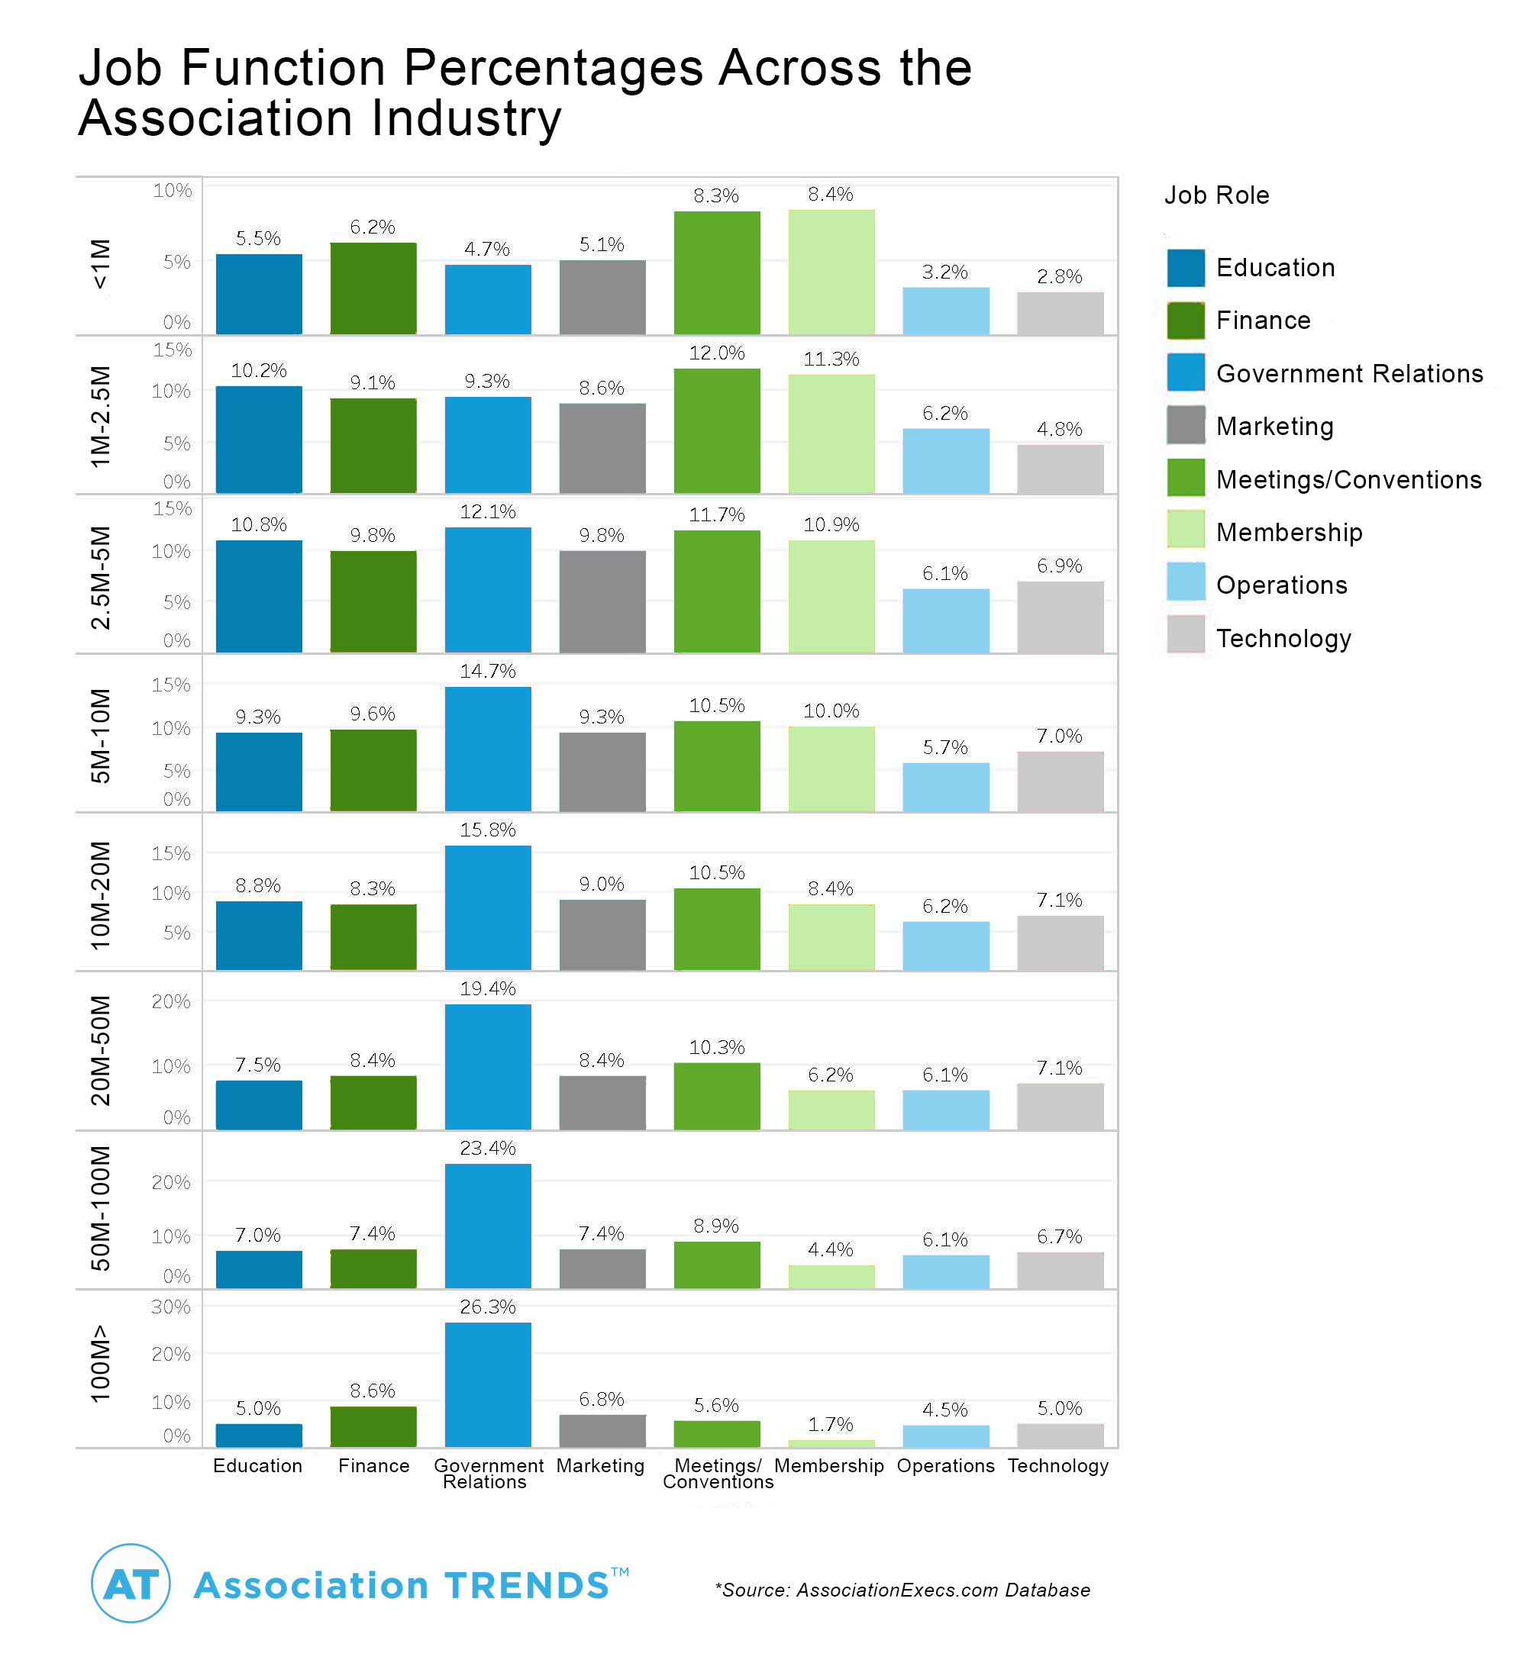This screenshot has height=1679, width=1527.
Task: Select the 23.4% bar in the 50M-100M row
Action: [x=487, y=1225]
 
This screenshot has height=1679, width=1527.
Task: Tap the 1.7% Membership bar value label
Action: [x=831, y=1424]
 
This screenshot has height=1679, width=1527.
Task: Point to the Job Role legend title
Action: [x=1216, y=195]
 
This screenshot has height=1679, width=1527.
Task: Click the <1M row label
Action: [x=100, y=264]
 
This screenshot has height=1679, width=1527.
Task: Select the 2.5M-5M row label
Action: [x=100, y=577]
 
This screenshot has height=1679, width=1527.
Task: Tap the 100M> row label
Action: [x=100, y=1363]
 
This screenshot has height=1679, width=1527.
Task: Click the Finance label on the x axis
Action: [x=373, y=1466]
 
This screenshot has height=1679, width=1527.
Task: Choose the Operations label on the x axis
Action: [x=945, y=1466]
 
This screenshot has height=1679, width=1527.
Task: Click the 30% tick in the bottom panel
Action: [x=171, y=1307]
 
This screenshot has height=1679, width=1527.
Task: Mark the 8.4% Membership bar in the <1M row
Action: [x=831, y=272]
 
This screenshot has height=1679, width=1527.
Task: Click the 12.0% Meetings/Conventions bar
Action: [x=716, y=430]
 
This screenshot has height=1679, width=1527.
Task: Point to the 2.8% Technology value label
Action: [x=1059, y=276]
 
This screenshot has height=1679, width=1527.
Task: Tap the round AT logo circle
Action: [x=131, y=1584]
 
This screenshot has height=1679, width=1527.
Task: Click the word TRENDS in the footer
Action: [x=528, y=1586]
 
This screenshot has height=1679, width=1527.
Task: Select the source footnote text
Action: [x=902, y=1590]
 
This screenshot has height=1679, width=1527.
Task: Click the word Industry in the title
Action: [x=466, y=118]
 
